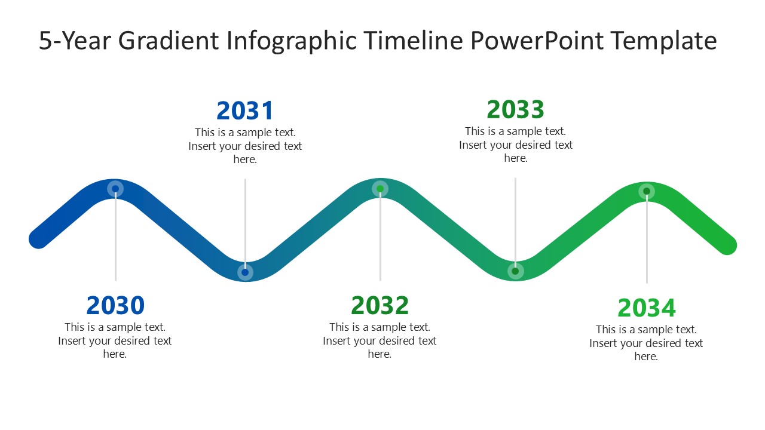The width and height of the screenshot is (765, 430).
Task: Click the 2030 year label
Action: pos(115,305)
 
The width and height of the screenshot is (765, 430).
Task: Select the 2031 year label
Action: pos(245,110)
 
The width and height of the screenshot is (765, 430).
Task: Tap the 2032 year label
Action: pos(380,305)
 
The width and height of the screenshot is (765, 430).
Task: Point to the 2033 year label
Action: pos(515,109)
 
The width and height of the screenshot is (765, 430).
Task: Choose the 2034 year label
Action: pos(646,308)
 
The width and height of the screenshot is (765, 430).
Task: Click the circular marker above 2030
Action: pos(115,189)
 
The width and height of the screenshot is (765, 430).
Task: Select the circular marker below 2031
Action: pos(245,272)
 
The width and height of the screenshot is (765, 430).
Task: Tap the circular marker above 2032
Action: pos(380,189)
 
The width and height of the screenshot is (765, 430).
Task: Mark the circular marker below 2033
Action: pos(515,271)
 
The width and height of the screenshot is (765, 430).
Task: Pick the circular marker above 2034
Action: pos(646,192)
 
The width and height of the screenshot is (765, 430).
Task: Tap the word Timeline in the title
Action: pos(414,41)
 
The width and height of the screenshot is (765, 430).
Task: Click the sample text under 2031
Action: pos(245,146)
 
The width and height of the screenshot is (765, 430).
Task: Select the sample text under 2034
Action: pos(646,343)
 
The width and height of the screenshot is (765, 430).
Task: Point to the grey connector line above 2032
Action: pos(380,239)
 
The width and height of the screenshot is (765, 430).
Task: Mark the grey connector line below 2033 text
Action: pos(515,215)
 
